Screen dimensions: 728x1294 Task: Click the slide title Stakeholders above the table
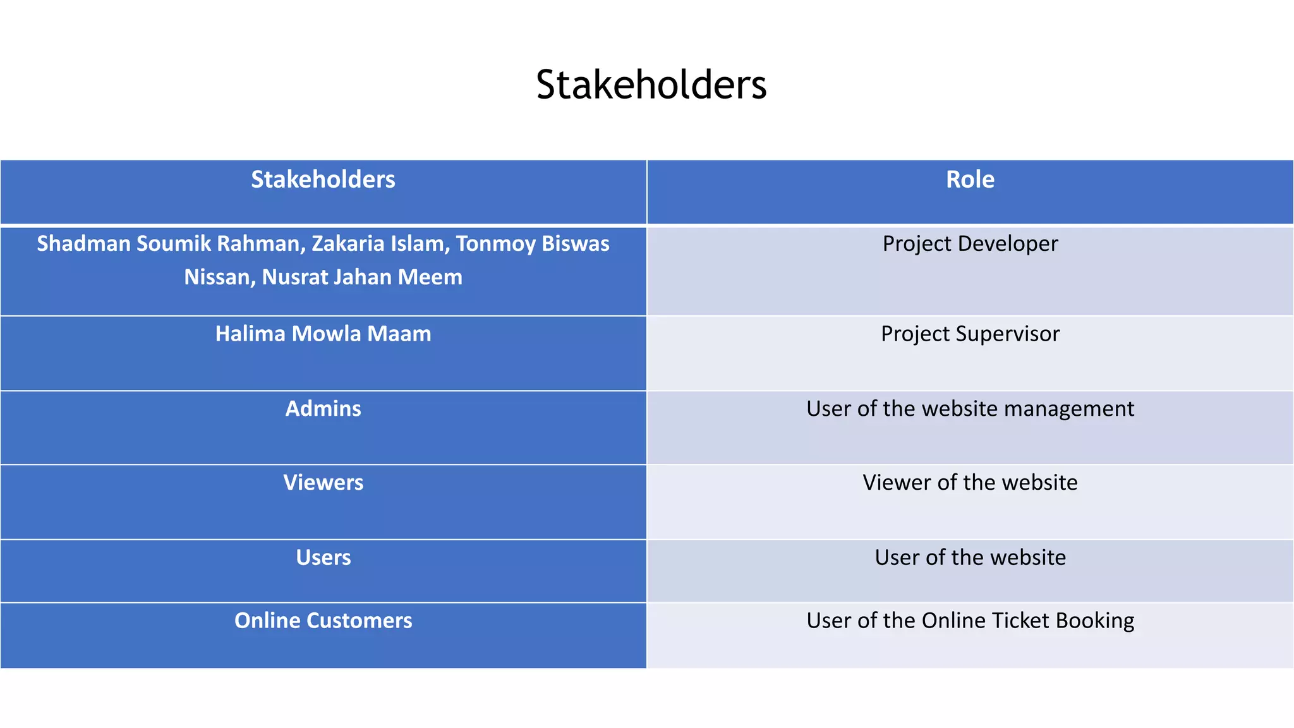point(651,85)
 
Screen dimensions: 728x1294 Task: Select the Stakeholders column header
point(323,179)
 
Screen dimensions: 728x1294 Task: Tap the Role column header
point(970,179)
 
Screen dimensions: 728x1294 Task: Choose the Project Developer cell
point(970,244)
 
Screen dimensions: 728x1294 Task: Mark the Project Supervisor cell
point(970,334)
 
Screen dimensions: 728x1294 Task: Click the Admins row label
point(323,409)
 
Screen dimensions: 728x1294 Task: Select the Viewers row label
point(323,483)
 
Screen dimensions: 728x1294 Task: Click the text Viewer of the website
point(970,483)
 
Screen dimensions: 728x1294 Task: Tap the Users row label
point(323,557)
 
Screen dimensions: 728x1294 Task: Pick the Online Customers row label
point(323,621)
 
